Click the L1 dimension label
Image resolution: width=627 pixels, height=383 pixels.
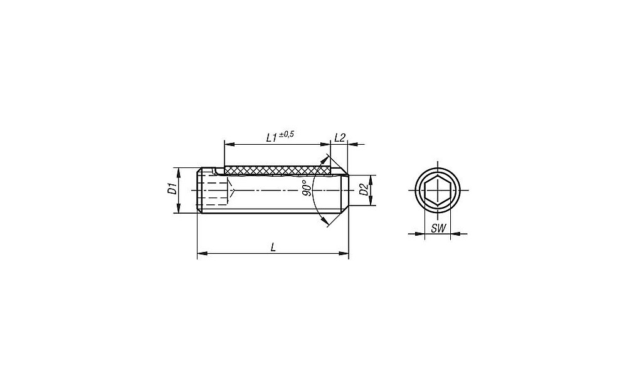pyautogui.click(x=271, y=138)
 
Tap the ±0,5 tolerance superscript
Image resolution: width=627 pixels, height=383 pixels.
pyautogui.click(x=287, y=135)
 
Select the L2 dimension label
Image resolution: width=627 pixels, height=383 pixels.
pyautogui.click(x=339, y=137)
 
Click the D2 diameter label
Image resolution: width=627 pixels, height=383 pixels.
pyautogui.click(x=364, y=189)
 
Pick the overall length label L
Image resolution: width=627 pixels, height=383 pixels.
pyautogui.click(x=273, y=248)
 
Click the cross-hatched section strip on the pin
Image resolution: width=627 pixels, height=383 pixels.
pyautogui.click(x=278, y=171)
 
